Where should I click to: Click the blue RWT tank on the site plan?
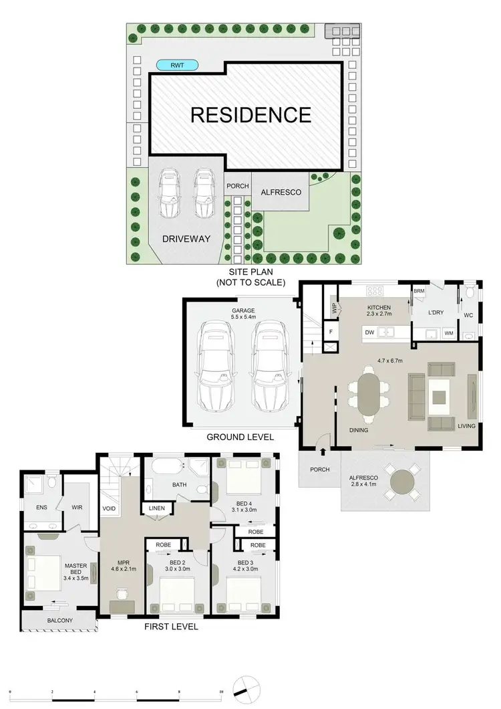pos(178,65)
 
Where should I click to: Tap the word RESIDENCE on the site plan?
pos(251,114)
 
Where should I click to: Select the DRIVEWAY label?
pos(186,239)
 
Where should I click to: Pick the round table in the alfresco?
pos(405,482)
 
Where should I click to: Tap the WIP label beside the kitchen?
pos(334,308)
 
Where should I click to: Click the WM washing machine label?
pos(448,332)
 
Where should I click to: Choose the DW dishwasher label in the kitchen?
pos(369,331)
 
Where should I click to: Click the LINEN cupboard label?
pos(157,508)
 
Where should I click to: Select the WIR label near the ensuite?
pos(76,508)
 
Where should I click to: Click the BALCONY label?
pos(60,621)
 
